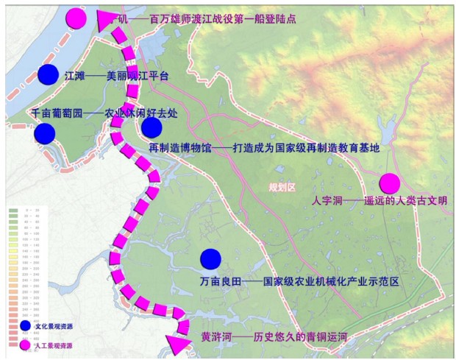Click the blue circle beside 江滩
pyautogui.click(x=48, y=74)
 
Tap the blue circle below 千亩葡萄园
pyautogui.click(x=44, y=133)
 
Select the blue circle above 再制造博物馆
pyautogui.click(x=152, y=128)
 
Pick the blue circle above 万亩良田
pyautogui.click(x=210, y=259)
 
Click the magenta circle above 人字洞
pyautogui.click(x=389, y=183)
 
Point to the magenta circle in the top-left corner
pyautogui.click(x=76, y=18)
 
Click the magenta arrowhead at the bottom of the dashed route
pyautogui.click(x=177, y=342)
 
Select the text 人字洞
pyautogui.click(x=327, y=201)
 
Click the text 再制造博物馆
pyautogui.click(x=179, y=148)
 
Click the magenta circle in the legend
pyautogui.click(x=26, y=344)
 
